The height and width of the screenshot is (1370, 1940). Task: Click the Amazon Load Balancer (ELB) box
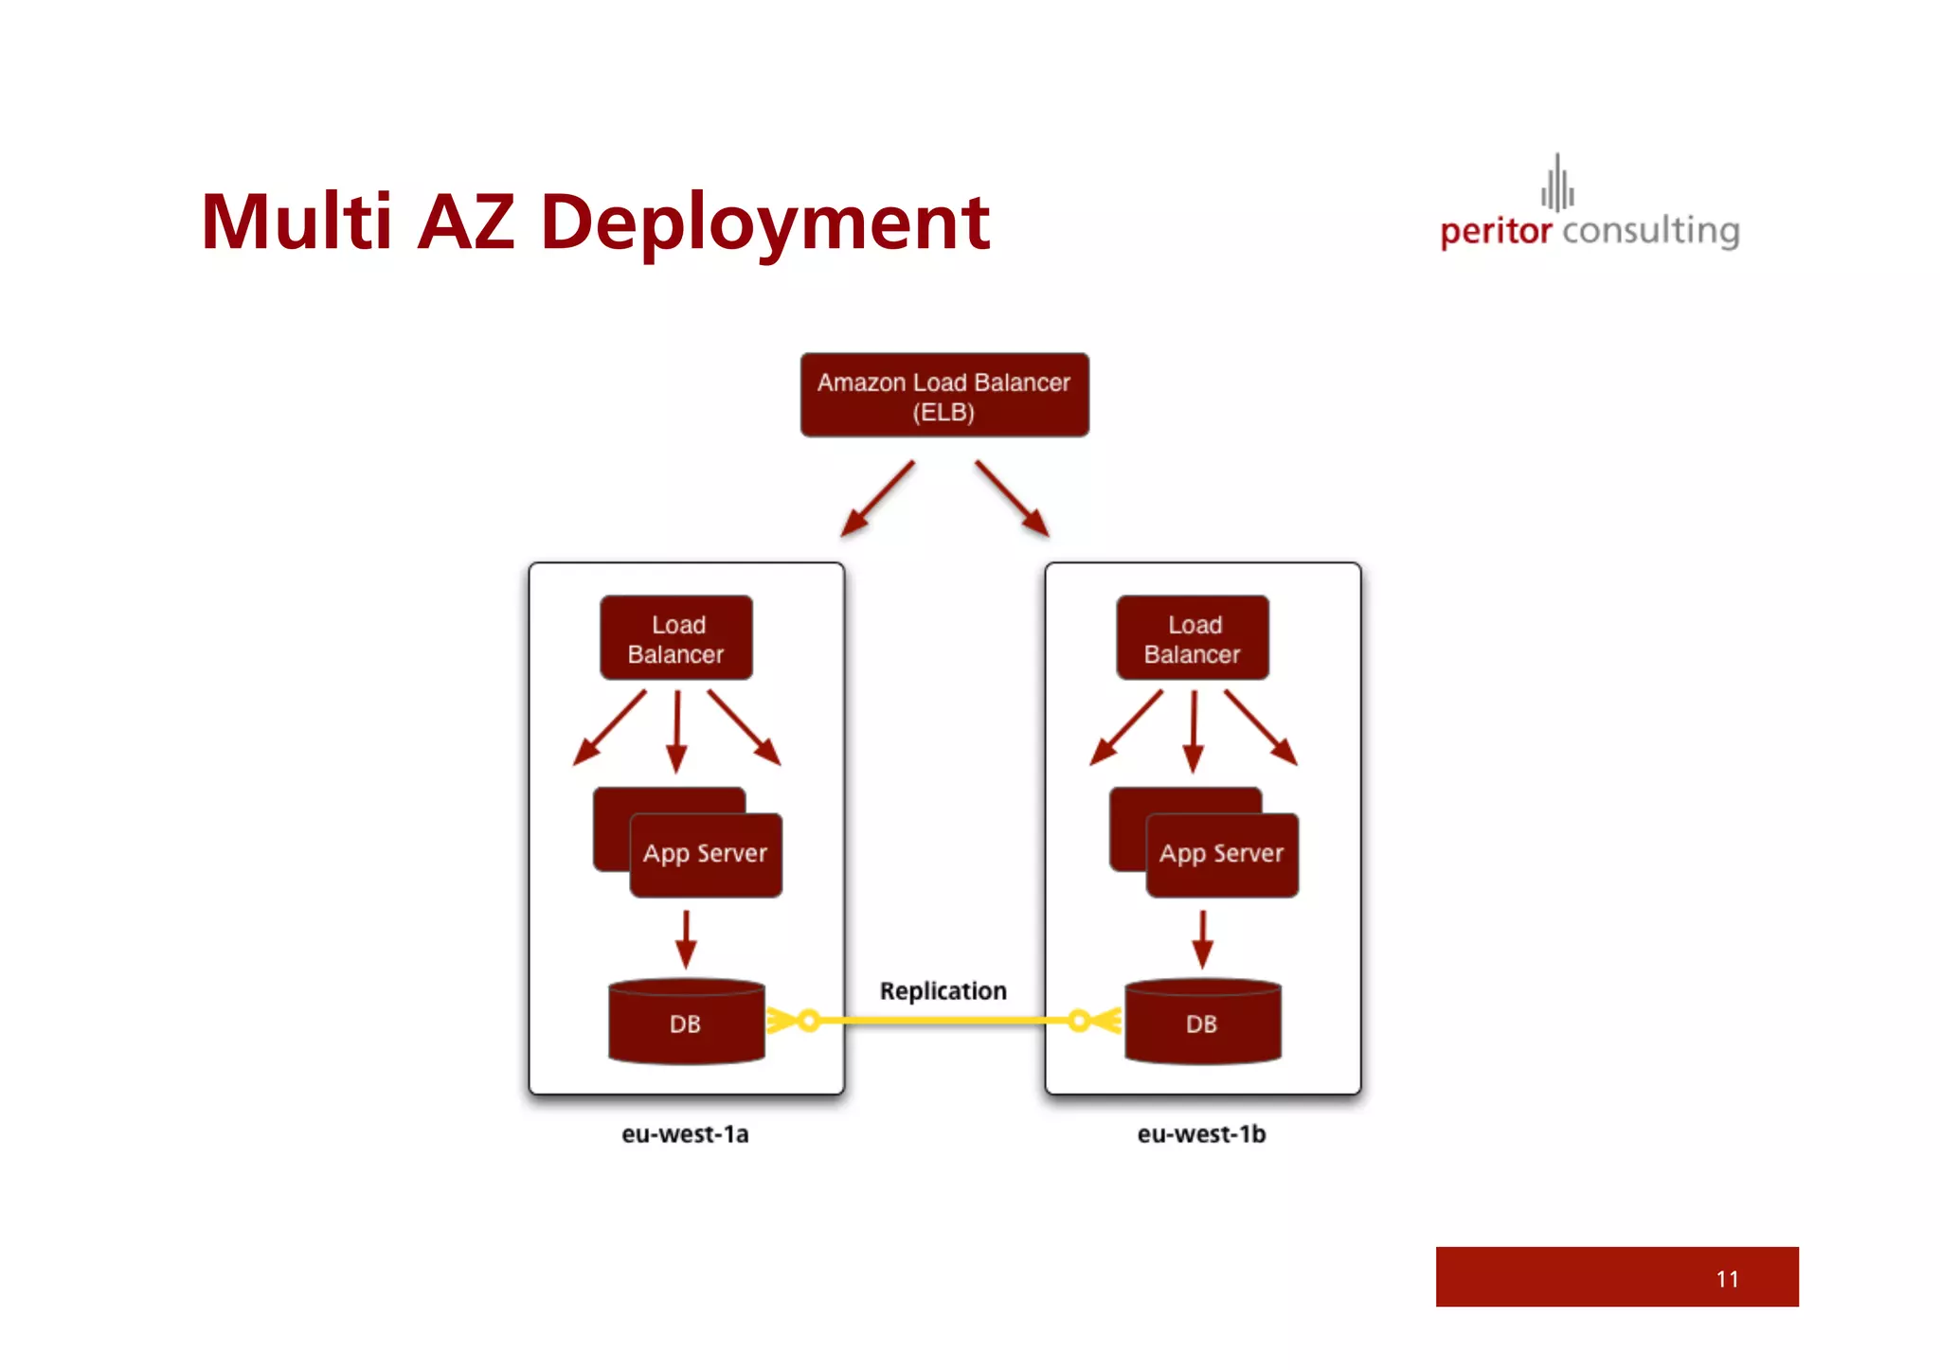pos(944,396)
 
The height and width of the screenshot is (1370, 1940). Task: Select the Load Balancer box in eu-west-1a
pos(676,638)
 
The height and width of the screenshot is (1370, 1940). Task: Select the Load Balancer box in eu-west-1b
pos(1193,638)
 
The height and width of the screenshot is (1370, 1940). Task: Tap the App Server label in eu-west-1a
pos(706,854)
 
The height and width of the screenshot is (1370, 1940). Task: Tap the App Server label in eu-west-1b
pos(1222,854)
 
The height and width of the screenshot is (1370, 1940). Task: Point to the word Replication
pos(943,991)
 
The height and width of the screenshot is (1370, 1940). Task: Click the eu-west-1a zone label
pos(685,1134)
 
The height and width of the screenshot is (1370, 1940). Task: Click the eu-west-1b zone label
pos(1201,1134)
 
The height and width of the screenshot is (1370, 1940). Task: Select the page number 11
pos(1727,1279)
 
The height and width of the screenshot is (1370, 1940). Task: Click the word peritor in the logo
pos(1496,231)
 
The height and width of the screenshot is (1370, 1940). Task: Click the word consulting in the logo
pos(1651,231)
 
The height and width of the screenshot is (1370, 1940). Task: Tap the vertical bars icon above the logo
pos(1557,183)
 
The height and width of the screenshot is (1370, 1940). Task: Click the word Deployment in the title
pos(764,223)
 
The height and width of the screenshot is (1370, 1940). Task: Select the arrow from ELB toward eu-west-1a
pos(878,499)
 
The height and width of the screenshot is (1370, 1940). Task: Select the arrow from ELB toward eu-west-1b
pos(1012,499)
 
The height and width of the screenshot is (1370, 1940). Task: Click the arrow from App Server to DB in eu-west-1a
pos(687,939)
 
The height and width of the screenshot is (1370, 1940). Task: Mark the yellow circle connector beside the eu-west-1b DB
pos(1079,1021)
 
